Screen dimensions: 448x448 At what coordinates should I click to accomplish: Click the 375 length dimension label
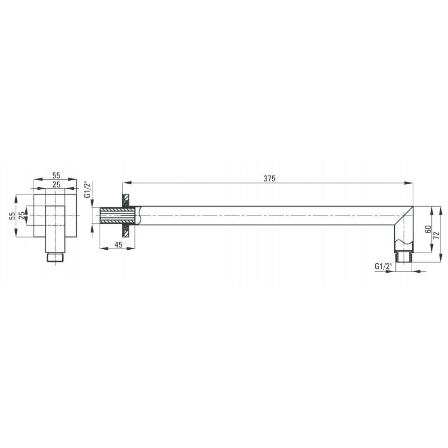[269, 179]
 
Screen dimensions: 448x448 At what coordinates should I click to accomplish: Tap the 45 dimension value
[118, 245]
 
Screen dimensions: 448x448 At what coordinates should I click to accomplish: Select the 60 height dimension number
[428, 229]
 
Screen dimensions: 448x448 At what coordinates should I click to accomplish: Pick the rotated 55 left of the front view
[12, 216]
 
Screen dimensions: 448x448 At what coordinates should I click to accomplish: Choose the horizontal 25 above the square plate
[57, 185]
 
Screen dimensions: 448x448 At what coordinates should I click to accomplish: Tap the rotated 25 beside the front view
[21, 216]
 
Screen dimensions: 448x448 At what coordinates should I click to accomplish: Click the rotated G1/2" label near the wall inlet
[87, 189]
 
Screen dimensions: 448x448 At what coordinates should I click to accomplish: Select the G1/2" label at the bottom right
[383, 267]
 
